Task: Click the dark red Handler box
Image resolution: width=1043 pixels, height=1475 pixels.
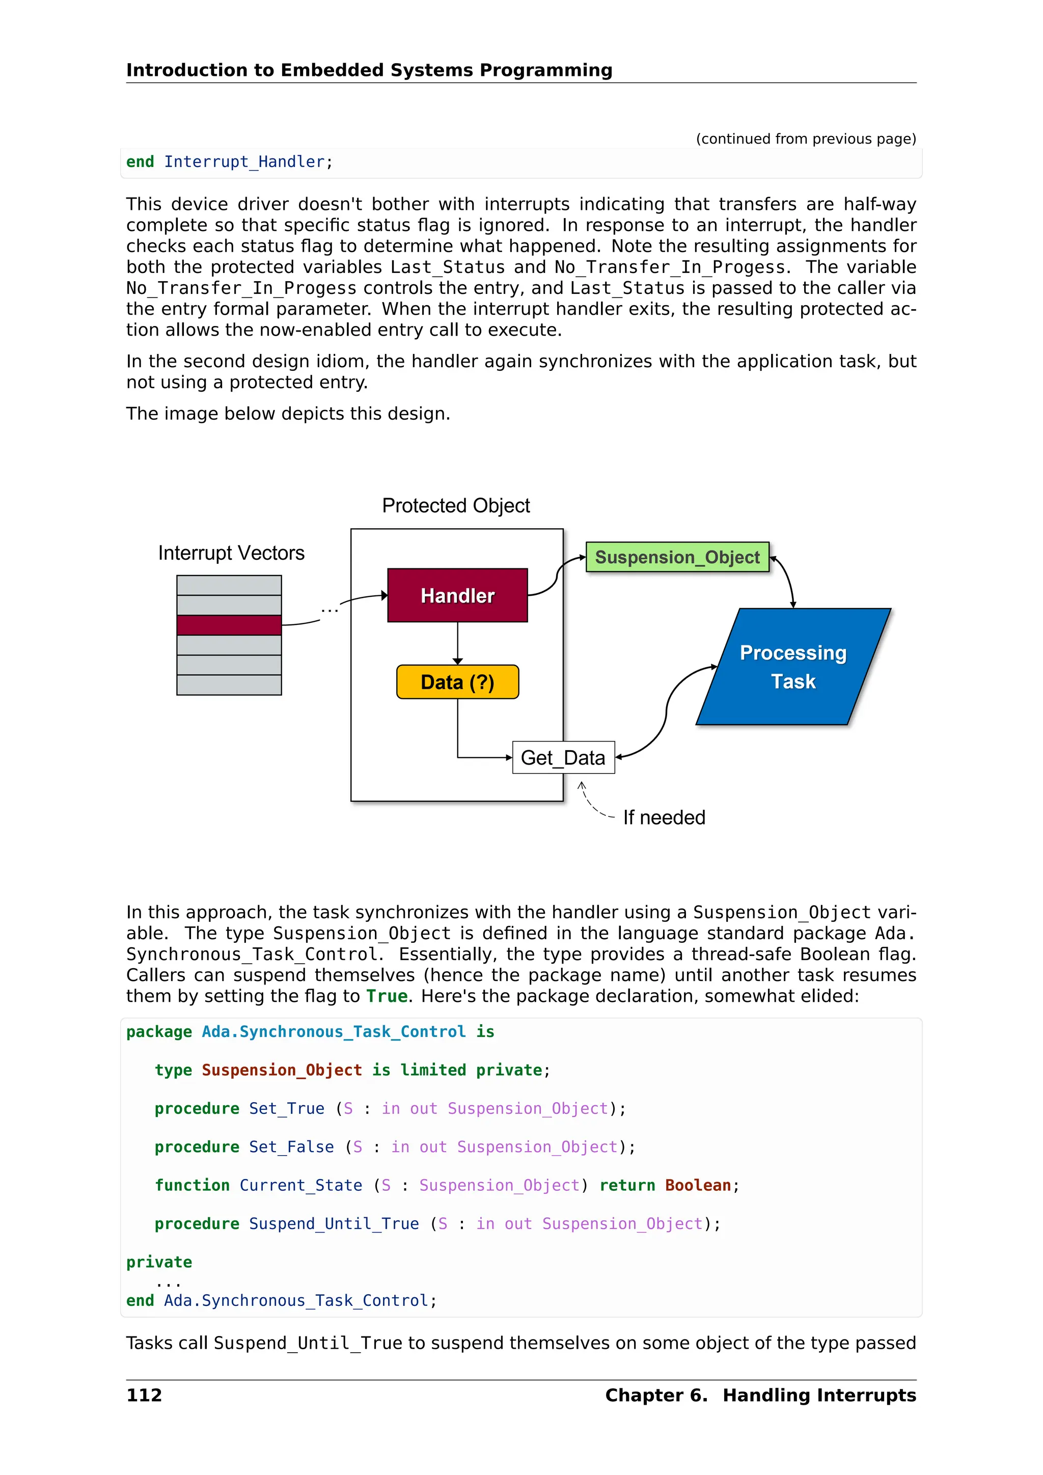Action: point(457,595)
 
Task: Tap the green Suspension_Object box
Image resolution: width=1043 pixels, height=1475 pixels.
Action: point(677,557)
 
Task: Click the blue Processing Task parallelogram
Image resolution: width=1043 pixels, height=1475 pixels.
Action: point(792,667)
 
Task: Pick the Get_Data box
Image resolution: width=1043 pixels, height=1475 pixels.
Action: point(563,757)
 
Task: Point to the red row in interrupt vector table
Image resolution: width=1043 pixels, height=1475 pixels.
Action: point(229,624)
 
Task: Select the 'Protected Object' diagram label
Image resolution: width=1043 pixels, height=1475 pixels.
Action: point(455,506)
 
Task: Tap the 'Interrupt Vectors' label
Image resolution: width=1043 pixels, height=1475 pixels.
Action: point(231,553)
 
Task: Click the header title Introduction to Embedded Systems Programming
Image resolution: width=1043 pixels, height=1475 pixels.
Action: point(369,70)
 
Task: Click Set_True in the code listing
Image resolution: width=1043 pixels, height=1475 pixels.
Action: point(286,1108)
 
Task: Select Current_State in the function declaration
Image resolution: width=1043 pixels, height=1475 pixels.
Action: point(300,1185)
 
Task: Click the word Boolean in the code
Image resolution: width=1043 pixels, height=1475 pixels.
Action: point(698,1185)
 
